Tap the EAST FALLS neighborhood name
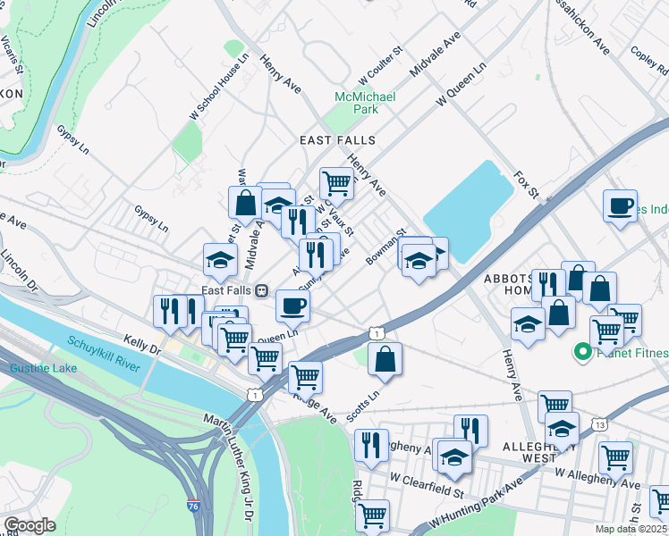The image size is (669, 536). click(x=337, y=140)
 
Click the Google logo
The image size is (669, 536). click(x=30, y=524)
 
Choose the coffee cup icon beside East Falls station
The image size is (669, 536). click(x=292, y=306)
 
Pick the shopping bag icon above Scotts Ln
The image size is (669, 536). click(x=385, y=358)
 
